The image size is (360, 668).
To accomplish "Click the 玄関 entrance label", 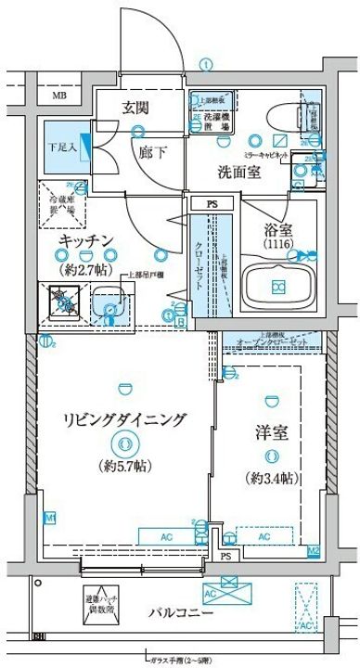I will (x=135, y=108).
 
